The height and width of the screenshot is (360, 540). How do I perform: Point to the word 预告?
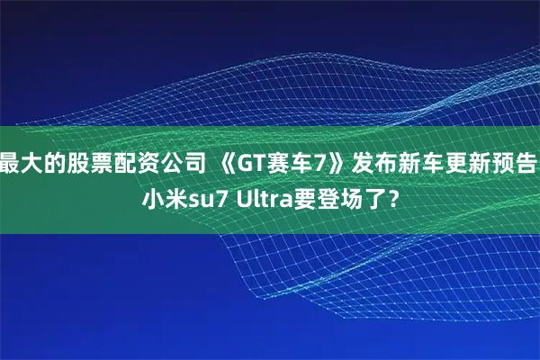click(x=517, y=163)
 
